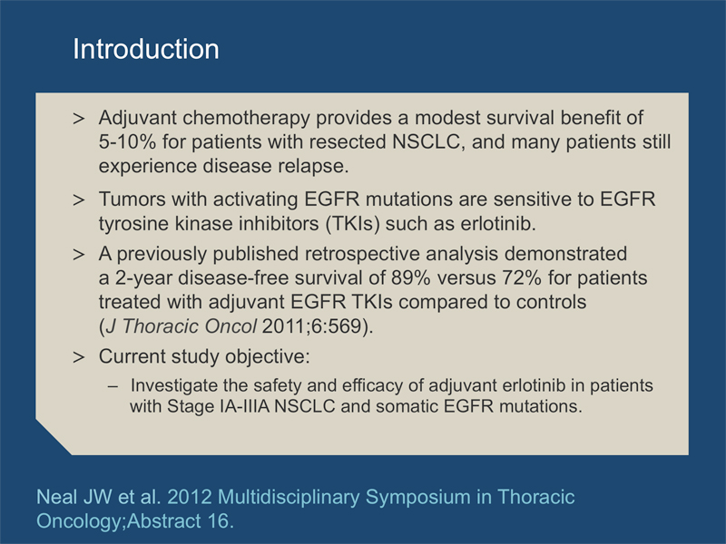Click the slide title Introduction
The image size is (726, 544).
click(146, 49)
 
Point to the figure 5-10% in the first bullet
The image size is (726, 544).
click(127, 142)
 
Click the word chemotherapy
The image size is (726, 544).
click(246, 119)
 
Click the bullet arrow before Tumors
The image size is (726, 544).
click(79, 199)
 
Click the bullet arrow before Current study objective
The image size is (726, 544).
click(79, 357)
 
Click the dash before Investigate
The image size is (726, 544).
click(113, 386)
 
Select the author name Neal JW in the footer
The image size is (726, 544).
click(74, 497)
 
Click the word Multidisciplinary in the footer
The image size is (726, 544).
click(289, 498)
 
